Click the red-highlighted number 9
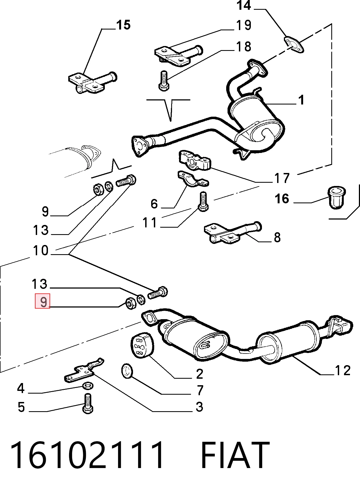[x=43, y=301]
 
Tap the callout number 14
[x=244, y=5]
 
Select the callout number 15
[x=123, y=25]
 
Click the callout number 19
[x=244, y=25]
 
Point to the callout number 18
[x=244, y=47]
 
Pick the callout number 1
[x=301, y=100]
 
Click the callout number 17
[x=282, y=178]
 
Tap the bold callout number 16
[x=282, y=199]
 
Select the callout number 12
[x=343, y=370]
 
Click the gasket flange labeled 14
[x=294, y=44]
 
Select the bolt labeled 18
[x=163, y=80]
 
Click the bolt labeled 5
[x=87, y=403]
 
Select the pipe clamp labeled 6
[x=193, y=179]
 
